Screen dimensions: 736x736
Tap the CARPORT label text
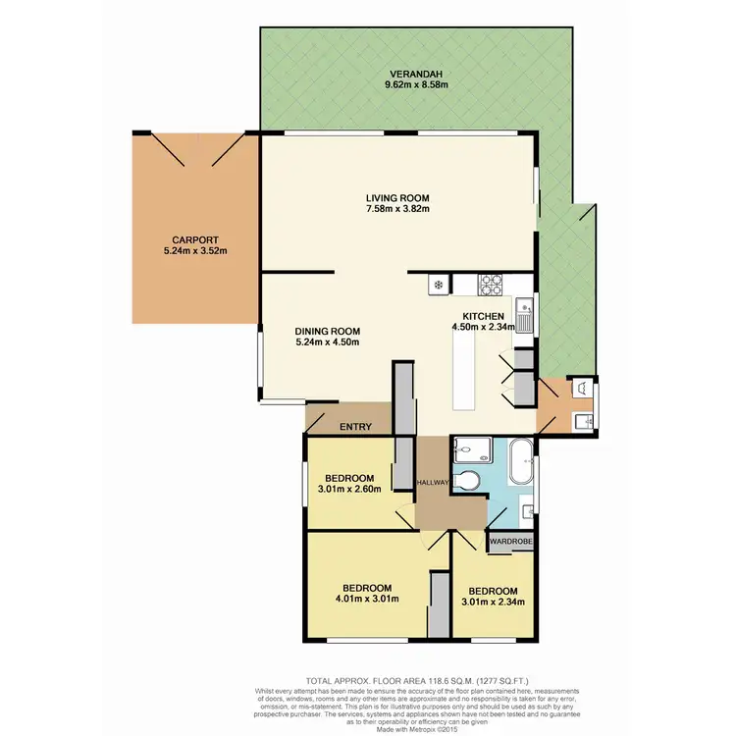[186, 238]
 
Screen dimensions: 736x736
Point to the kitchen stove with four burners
[491, 285]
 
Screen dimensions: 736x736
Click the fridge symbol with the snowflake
[438, 285]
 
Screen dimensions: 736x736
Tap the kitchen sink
[525, 317]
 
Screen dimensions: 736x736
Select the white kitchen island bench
[463, 373]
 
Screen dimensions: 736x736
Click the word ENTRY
[354, 427]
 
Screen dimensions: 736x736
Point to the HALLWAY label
[432, 482]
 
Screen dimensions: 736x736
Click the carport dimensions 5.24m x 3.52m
[186, 251]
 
